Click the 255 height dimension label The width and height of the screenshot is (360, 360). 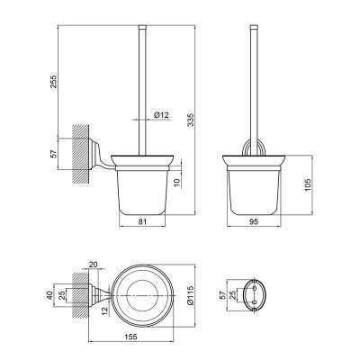coord(53,81)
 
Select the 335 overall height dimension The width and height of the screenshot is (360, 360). coord(191,120)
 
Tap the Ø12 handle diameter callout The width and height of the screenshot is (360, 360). coord(161,114)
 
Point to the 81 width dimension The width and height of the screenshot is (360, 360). coord(142,221)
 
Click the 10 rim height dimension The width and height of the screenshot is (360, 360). coord(177,182)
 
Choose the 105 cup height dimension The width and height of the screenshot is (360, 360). coord(307,184)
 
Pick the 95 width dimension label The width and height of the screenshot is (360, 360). coord(254,221)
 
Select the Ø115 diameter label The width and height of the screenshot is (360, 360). coord(191,294)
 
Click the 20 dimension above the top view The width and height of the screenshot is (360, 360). coord(94,265)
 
